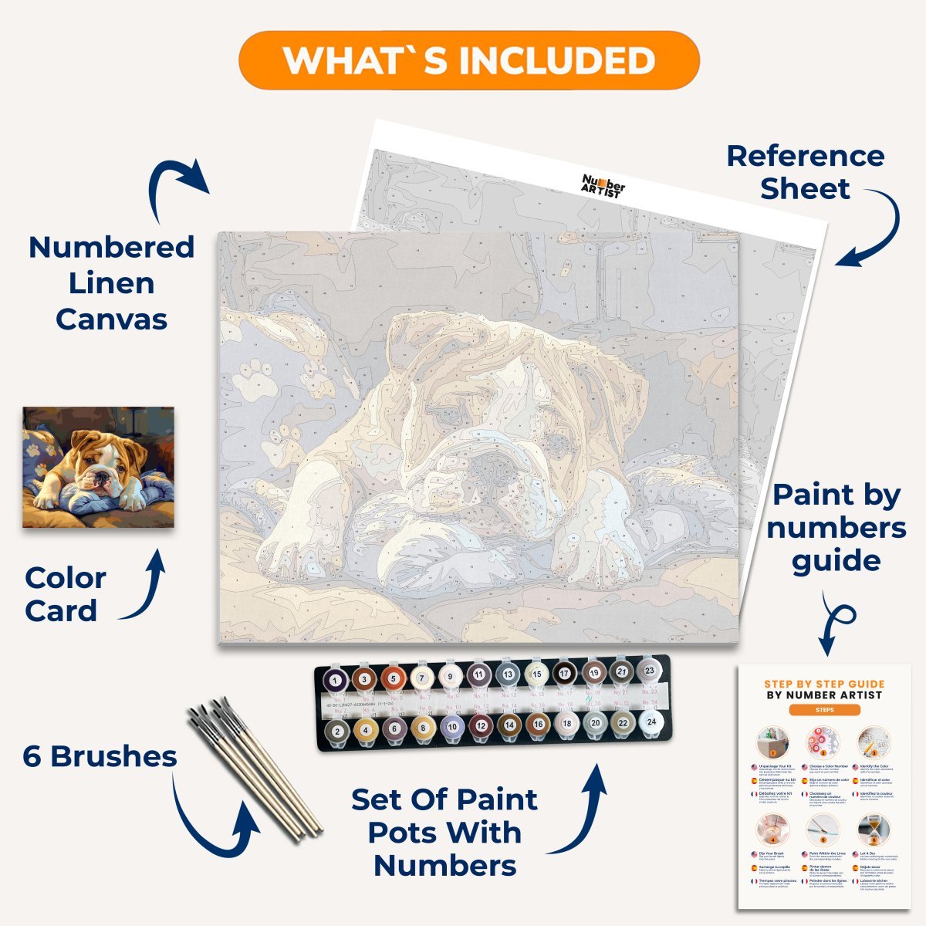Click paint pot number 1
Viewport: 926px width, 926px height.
(335, 681)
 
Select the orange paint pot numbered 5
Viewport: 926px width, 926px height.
(393, 679)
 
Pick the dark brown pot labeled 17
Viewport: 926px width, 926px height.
(565, 674)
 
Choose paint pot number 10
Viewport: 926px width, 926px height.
(451, 727)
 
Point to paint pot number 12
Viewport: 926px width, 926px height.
(480, 726)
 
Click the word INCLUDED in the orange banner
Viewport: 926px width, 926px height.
(553, 61)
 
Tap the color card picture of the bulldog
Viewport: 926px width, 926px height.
(98, 467)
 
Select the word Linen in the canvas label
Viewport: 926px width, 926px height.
(111, 283)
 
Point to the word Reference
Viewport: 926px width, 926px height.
(805, 156)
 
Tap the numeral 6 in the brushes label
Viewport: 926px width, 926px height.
(32, 757)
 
